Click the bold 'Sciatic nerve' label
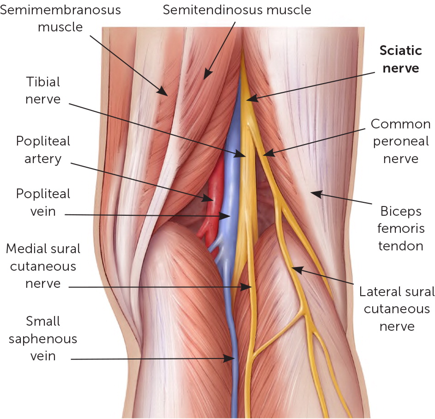tap(400, 59)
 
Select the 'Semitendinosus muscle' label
tap(237, 9)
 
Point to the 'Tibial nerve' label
tap(42, 90)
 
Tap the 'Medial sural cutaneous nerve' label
tap(42, 266)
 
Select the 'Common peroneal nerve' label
tap(400, 141)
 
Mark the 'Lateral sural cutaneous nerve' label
tap(397, 309)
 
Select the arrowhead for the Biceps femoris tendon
tap(313, 193)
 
